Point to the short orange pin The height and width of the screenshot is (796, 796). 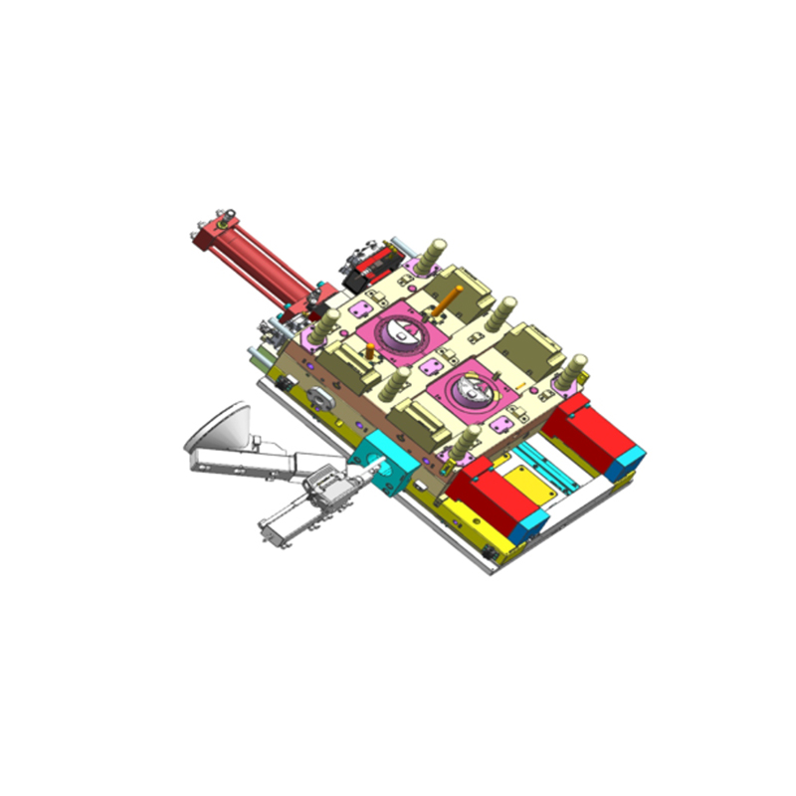click(x=370, y=350)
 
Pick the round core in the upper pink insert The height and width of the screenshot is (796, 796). click(x=404, y=334)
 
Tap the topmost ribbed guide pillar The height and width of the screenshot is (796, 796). click(x=435, y=255)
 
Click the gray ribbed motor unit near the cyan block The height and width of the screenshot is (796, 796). click(x=324, y=487)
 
